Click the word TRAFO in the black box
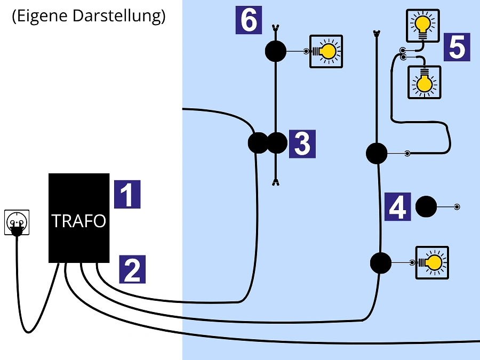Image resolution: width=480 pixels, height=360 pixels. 78,221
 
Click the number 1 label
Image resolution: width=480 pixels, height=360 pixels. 127,194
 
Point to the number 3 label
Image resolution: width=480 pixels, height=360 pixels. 302,144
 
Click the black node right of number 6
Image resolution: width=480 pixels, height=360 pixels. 276,52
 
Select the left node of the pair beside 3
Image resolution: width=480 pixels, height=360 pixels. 259,143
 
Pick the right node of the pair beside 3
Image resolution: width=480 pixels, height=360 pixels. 277,143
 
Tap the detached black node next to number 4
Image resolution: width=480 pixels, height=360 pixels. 426,207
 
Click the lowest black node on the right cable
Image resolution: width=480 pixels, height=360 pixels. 381,263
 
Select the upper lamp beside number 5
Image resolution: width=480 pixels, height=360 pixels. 423,25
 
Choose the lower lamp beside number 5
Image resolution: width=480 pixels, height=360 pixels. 424,82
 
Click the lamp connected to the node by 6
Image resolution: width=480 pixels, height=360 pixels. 326,51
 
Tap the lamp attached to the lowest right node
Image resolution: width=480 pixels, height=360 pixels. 432,262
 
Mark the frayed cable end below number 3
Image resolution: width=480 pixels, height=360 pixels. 276,183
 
